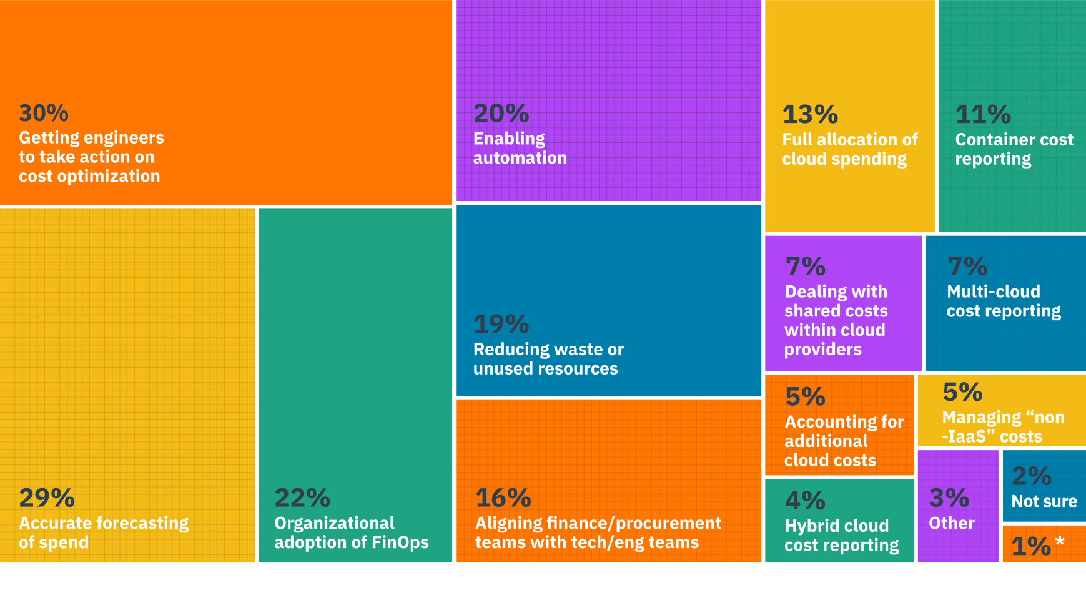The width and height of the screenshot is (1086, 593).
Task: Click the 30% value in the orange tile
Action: pos(44,114)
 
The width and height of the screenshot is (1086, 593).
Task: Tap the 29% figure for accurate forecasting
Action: pos(47,498)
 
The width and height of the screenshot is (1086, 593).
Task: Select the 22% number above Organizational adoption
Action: pos(302,498)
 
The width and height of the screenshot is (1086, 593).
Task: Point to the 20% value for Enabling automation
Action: pos(501,114)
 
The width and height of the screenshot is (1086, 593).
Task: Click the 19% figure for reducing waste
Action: pos(501,324)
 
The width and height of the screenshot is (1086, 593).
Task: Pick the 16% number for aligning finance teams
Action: pos(503,498)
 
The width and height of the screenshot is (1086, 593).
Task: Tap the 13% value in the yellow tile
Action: pos(810,114)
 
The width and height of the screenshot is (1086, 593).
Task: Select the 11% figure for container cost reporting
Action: pos(983,114)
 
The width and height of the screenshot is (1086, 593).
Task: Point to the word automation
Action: pos(520,158)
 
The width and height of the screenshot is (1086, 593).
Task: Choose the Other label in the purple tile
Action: pos(951,523)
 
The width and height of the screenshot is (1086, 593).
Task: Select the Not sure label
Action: pos(1044,501)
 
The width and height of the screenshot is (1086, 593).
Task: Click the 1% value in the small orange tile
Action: pos(1031,546)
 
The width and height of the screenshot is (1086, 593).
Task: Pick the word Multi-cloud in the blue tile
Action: pos(993,292)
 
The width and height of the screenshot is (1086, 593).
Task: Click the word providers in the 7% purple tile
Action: pos(822,350)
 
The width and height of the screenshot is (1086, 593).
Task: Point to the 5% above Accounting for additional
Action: pos(805,397)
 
